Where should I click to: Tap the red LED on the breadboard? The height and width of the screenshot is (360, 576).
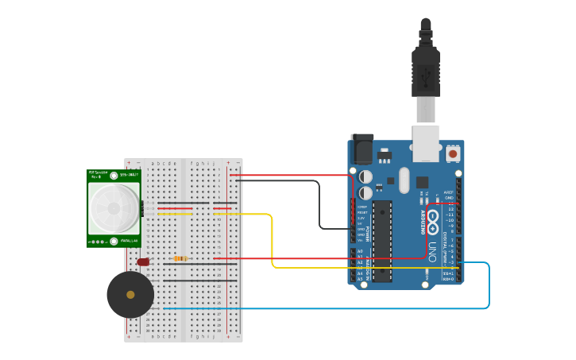click(143, 261)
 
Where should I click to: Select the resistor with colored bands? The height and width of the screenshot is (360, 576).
click(181, 258)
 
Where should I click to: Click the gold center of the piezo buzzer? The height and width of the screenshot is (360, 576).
click(130, 295)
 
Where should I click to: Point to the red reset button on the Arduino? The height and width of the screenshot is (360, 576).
click(452, 153)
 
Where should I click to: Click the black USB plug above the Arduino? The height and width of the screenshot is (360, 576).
click(426, 64)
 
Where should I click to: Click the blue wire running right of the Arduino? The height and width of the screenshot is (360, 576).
click(489, 286)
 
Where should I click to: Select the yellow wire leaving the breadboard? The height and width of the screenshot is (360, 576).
click(273, 238)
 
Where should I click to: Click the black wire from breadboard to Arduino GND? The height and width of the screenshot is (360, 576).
click(319, 203)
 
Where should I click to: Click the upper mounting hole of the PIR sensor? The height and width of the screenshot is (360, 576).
click(114, 176)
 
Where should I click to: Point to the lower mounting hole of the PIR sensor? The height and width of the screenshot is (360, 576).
click(114, 241)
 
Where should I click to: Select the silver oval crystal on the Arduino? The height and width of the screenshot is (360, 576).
click(404, 180)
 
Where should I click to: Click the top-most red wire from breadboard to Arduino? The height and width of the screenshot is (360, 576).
click(294, 175)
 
